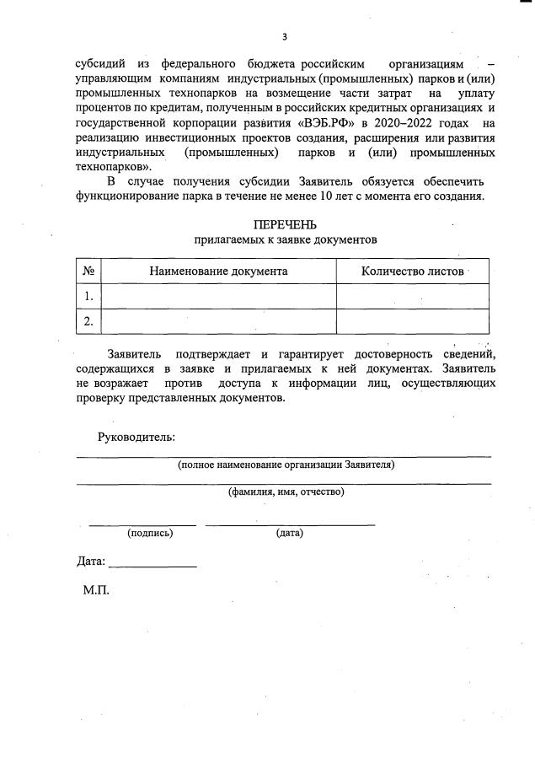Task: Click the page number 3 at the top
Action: pos(285,36)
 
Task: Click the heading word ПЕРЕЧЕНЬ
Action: pos(285,224)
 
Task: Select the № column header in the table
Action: pos(88,271)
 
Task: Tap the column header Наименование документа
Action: pos(218,271)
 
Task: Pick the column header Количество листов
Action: pos(412,271)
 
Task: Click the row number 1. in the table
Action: pos(88,296)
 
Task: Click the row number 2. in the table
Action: pos(88,321)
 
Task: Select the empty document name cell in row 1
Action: pos(218,296)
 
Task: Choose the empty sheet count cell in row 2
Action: pos(412,321)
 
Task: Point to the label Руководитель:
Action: pos(136,437)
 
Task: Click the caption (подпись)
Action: pos(150,533)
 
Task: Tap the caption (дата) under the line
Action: pos(290,533)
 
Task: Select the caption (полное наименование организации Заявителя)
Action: pos(286,465)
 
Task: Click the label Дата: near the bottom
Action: pos(91,562)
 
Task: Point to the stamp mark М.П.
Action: pos(96,590)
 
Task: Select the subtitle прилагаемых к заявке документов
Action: pos(285,239)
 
